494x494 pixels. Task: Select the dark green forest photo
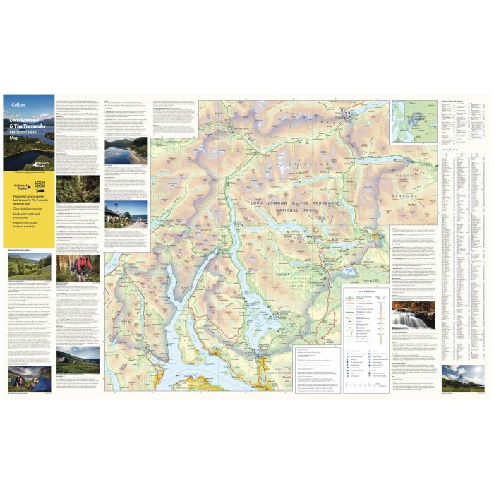coord(78,189)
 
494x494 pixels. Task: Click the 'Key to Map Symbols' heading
coord(365,291)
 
